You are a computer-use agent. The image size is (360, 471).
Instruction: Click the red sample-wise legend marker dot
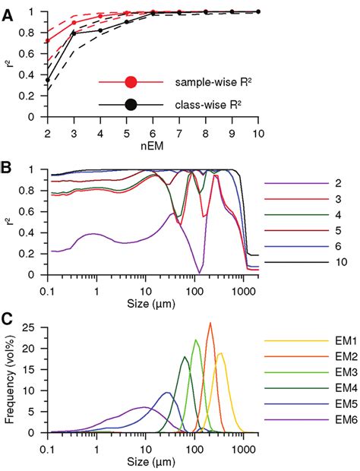[131, 81]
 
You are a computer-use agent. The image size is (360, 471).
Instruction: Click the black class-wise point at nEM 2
[48, 80]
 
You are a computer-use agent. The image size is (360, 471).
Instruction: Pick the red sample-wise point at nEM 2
[48, 40]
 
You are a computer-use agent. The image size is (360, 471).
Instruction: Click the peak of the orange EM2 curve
[210, 324]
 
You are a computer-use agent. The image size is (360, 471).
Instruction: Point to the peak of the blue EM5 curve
[167, 393]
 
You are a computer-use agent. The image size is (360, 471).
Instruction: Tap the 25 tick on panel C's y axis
[33, 327]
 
